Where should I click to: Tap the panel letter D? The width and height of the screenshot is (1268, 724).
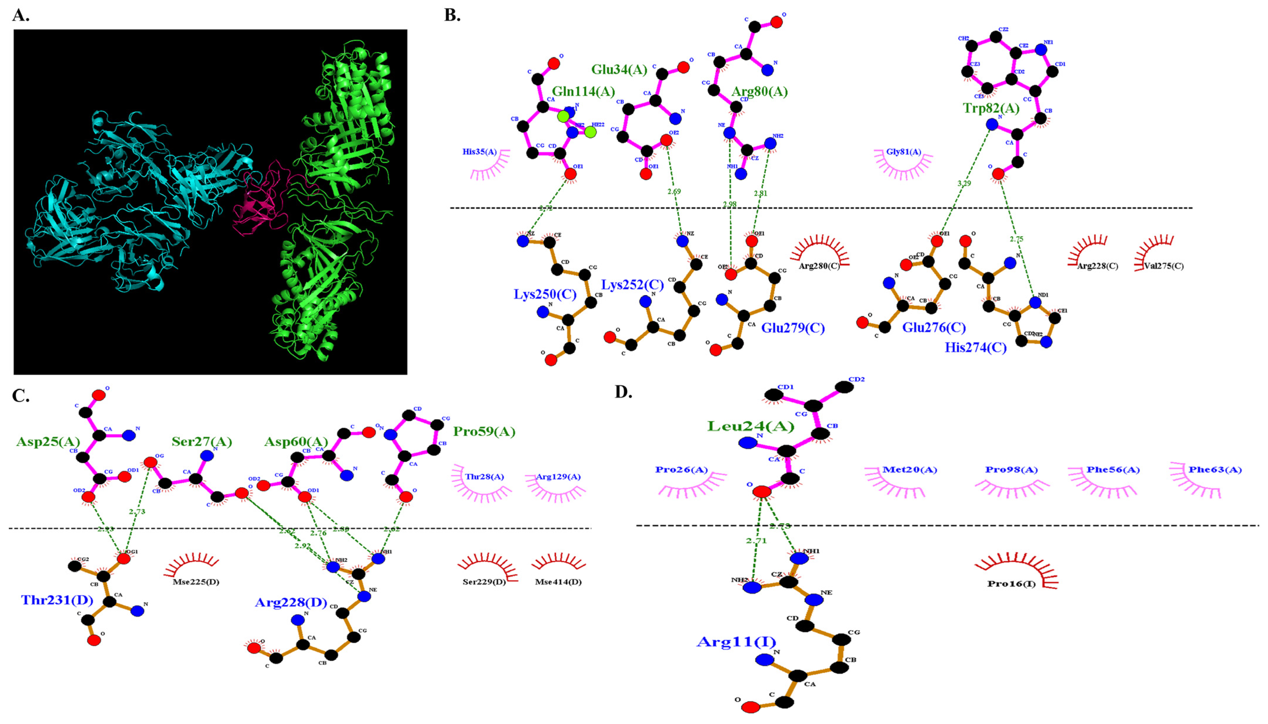623,392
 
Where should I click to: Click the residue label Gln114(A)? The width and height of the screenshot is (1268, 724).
583,91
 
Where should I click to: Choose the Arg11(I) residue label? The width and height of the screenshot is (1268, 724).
736,641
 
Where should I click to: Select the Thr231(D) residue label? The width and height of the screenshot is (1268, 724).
57,600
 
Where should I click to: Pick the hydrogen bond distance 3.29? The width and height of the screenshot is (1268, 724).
963,183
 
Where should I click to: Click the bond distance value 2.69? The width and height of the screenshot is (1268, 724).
674,192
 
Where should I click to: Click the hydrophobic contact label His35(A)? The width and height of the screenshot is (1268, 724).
480,152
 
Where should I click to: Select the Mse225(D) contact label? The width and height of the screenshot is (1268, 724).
196,582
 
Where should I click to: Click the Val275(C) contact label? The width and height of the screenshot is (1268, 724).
1164,266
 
